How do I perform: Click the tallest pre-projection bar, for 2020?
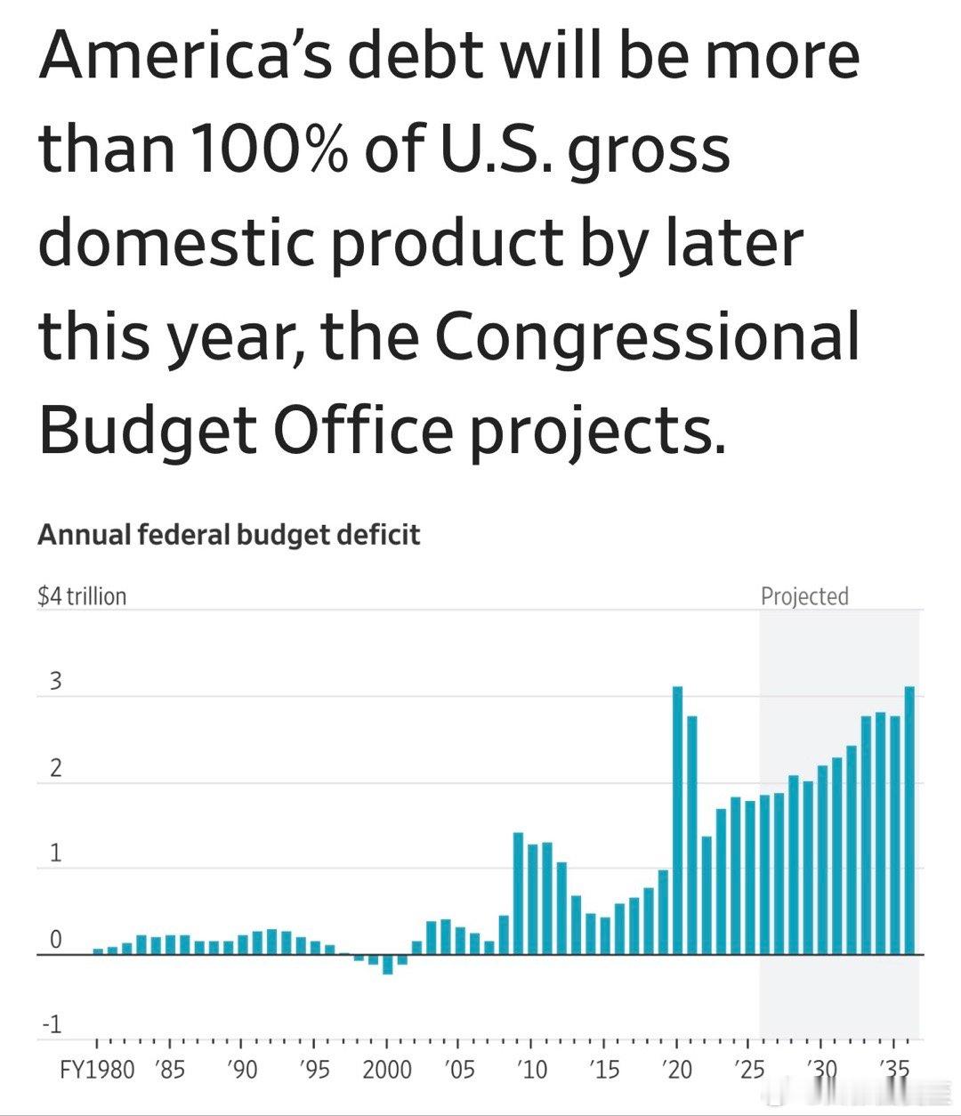677,819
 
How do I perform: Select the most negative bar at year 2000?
387,964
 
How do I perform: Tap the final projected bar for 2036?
909,819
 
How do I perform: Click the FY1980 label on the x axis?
97,1069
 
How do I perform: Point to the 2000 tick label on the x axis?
387,1069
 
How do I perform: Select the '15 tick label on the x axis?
604,1069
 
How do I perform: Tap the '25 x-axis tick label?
750,1069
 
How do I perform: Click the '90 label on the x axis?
241,1069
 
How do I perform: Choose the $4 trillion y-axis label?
82,596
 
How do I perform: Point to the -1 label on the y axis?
51,1024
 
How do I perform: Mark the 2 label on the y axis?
55,768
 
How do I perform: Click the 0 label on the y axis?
55,940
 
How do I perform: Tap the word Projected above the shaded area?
804,596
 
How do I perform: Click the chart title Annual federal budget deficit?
229,535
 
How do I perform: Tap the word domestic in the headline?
176,241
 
